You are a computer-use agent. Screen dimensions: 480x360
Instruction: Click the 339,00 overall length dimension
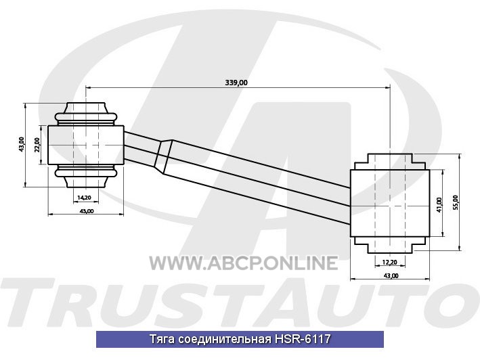(236, 83)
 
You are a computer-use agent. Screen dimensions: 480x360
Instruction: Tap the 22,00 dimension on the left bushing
(37, 145)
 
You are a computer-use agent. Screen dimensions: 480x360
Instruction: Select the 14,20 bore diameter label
(84, 198)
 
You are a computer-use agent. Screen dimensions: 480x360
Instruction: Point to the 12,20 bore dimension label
(390, 262)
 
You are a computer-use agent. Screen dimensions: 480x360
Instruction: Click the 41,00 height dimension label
(439, 204)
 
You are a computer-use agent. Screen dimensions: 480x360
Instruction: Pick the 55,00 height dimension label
(456, 202)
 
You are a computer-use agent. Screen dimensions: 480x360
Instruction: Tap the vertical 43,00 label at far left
(21, 145)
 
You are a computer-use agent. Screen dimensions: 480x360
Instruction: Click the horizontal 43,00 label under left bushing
(87, 211)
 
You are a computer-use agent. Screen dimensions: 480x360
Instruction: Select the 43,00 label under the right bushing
(391, 275)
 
